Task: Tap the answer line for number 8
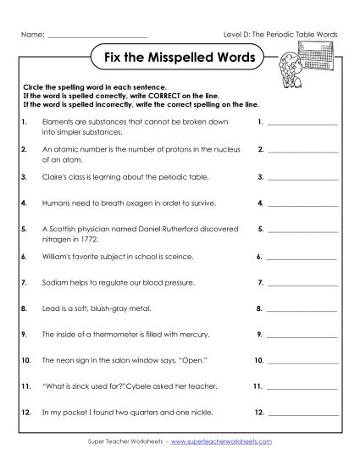point(302,312)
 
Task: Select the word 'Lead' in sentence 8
point(49,309)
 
